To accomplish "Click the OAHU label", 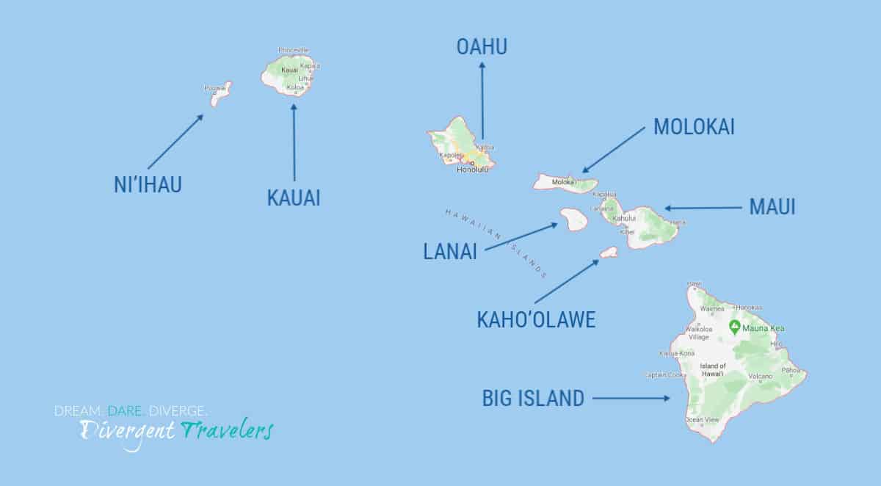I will click(482, 47).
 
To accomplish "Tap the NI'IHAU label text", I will click(148, 185).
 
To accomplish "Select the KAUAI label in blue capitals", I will click(294, 197).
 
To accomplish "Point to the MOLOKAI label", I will click(694, 127).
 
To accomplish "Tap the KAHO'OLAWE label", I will click(536, 319).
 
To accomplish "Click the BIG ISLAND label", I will click(533, 399).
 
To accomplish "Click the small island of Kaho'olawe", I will click(609, 253).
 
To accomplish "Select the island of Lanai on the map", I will click(573, 219).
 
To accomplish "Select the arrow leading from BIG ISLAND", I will click(631, 399).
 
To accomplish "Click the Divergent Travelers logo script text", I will click(176, 430).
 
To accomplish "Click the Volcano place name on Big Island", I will click(760, 377).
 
